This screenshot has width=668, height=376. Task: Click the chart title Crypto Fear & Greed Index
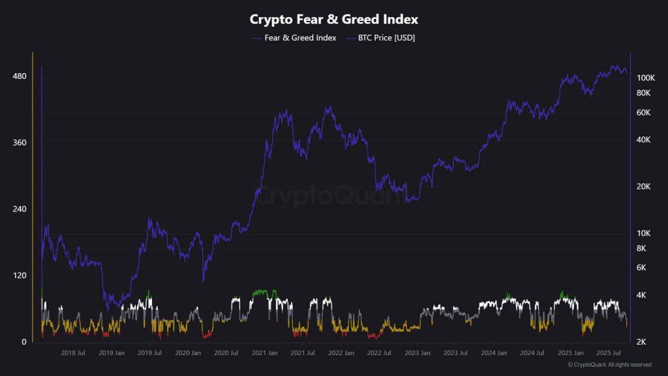[x=334, y=20]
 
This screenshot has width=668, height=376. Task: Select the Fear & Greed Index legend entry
[x=300, y=38]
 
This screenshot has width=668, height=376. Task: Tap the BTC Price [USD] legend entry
[x=387, y=38]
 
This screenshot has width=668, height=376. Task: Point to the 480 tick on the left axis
[x=19, y=76]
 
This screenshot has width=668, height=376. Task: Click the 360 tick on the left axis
[x=19, y=142]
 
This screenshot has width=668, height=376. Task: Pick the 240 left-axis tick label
[x=19, y=209]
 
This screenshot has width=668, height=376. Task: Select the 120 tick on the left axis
[x=19, y=275]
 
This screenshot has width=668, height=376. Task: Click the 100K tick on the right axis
[x=646, y=78]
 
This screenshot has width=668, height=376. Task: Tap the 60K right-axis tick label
[x=644, y=113]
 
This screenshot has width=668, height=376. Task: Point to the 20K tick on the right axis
[x=644, y=187]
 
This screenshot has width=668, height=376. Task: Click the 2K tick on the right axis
[x=642, y=342]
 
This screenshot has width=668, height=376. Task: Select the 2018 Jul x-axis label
[x=72, y=353]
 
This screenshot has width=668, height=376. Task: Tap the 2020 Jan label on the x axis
[x=187, y=353]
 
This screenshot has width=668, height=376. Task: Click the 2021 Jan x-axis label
[x=264, y=353]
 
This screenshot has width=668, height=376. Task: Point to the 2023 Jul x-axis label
[x=455, y=353]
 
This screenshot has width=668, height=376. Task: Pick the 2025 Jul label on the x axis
[x=607, y=353]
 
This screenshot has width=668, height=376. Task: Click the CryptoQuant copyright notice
[x=609, y=364]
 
